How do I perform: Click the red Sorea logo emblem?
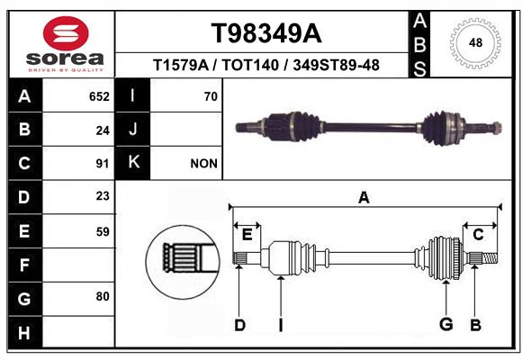(x=66, y=33)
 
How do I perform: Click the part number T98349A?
(x=266, y=33)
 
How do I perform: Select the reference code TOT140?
(x=250, y=65)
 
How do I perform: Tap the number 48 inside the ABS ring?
(x=475, y=42)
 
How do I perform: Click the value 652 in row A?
(x=99, y=96)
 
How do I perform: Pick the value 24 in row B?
(x=103, y=130)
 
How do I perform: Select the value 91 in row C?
(x=103, y=164)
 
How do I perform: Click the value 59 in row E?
(x=103, y=231)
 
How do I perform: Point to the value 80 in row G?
(x=103, y=296)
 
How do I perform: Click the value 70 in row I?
(x=211, y=96)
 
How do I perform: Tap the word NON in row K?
(x=203, y=164)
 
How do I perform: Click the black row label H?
(x=25, y=332)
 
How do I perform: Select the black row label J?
(x=132, y=130)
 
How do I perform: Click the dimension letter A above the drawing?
(x=364, y=197)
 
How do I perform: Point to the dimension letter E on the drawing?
(x=247, y=235)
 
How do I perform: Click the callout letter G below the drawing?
(x=446, y=324)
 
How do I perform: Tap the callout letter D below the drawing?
(x=239, y=325)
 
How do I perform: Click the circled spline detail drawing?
(x=183, y=262)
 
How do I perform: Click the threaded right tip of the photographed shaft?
(x=497, y=128)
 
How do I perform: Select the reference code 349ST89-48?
(x=337, y=65)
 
